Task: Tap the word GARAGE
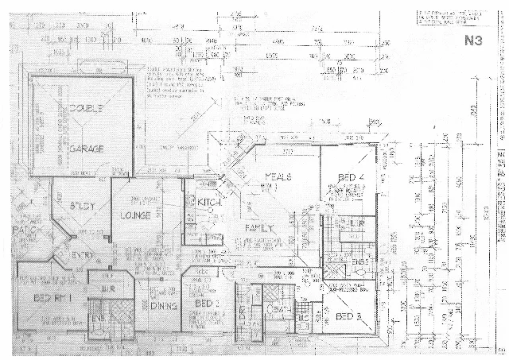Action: (87, 149)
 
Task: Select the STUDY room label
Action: (83, 206)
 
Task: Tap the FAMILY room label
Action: (259, 228)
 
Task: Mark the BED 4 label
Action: (350, 176)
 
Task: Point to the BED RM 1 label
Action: (52, 297)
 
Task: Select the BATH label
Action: (280, 309)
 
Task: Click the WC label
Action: (302, 319)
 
